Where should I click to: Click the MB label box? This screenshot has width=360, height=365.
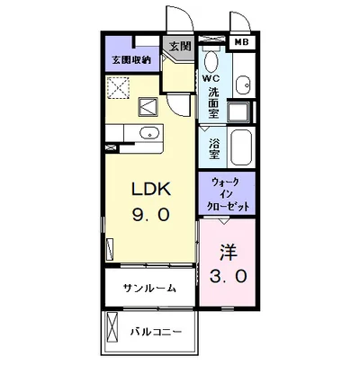[243, 41]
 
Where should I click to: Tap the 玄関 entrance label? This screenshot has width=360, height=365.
[178, 47]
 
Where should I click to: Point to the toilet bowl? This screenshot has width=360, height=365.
[211, 62]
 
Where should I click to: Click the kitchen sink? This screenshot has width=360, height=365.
[148, 136]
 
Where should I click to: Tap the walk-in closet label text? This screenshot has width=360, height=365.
[225, 192]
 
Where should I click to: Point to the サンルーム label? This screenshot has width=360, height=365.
[149, 289]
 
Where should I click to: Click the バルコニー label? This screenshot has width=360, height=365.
[156, 330]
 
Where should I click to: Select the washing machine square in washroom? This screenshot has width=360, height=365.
[238, 112]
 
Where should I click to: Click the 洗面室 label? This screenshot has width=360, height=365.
[213, 102]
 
